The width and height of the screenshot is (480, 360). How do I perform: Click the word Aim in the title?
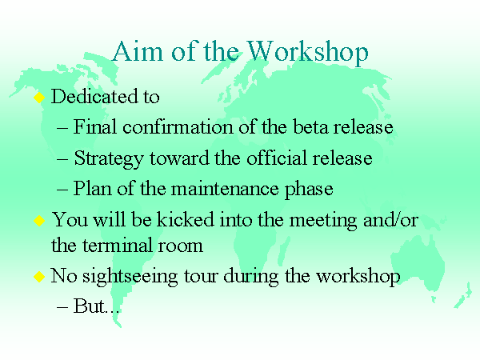pos(138,51)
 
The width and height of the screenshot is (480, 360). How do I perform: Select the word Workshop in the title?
pos(308,54)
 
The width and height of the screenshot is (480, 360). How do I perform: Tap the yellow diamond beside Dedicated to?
pos(39,98)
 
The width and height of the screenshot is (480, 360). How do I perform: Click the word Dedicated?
pos(94,97)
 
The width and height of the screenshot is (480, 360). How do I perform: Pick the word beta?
pos(310,126)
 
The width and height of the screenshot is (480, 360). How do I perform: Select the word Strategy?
pos(109,159)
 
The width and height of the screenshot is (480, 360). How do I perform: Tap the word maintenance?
pos(225,189)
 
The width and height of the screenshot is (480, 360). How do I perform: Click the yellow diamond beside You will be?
pos(39,221)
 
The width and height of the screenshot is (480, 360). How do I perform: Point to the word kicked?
pos(186,219)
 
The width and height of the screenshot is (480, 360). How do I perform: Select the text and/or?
pos(390,220)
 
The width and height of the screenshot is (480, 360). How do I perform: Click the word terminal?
pos(118,246)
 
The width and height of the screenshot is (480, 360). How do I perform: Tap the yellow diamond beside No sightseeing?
pos(39,277)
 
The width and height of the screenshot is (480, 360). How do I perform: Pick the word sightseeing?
pos(130,277)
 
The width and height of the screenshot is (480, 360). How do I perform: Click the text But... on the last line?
pos(96,306)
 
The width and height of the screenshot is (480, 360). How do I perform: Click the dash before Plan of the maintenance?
pos(62,190)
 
